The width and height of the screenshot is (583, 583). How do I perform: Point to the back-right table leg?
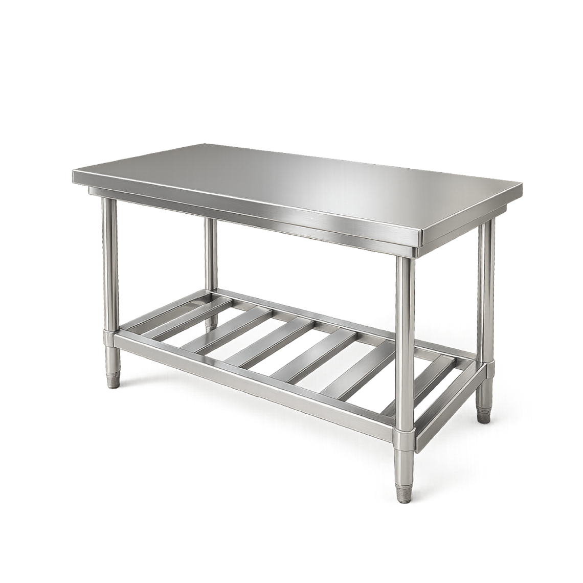click(486, 286)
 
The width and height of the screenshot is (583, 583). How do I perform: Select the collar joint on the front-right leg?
click(404, 437)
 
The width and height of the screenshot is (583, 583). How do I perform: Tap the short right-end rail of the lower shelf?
click(445, 409)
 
